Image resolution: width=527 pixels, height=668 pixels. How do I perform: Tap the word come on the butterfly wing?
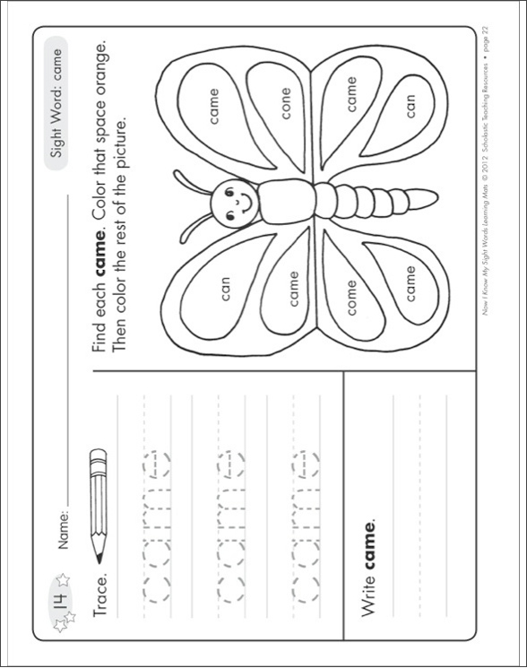click(x=351, y=297)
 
